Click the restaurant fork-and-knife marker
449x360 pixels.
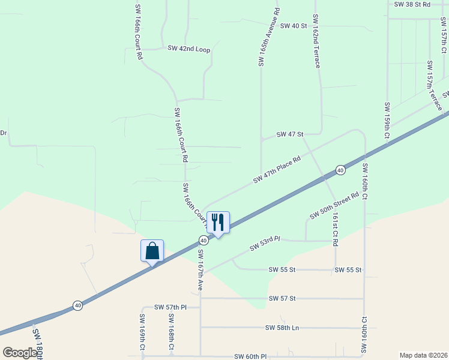pyautogui.click(x=218, y=223)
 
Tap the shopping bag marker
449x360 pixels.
pyautogui.click(x=152, y=251)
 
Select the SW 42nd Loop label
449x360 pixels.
pyautogui.click(x=189, y=49)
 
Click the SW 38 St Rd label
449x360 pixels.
pyautogui.click(x=412, y=4)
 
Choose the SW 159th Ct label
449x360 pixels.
pyautogui.click(x=387, y=123)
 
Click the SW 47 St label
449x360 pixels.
pyautogui.click(x=290, y=134)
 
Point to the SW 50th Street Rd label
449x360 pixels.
pyautogui.click(x=334, y=206)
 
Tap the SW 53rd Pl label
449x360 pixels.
pyautogui.click(x=265, y=243)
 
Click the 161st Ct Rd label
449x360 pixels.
pyautogui.click(x=336, y=229)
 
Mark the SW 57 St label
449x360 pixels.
pyautogui.click(x=282, y=298)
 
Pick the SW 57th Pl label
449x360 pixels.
pyautogui.click(x=171, y=307)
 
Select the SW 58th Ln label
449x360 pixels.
pyautogui.click(x=282, y=328)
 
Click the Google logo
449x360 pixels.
pyautogui.click(x=20, y=353)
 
